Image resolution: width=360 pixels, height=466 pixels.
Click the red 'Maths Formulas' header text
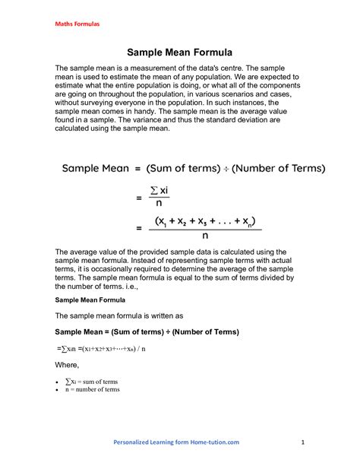76,24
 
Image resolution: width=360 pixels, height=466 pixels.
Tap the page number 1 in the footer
302,442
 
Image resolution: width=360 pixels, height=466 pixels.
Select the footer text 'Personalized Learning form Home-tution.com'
176,442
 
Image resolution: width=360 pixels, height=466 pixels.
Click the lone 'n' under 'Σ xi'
158,204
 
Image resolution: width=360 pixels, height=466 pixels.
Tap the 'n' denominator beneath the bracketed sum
205,235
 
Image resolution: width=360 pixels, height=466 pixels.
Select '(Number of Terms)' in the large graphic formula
277,168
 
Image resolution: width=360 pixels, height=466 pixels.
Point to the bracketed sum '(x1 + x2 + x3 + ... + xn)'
205,220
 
